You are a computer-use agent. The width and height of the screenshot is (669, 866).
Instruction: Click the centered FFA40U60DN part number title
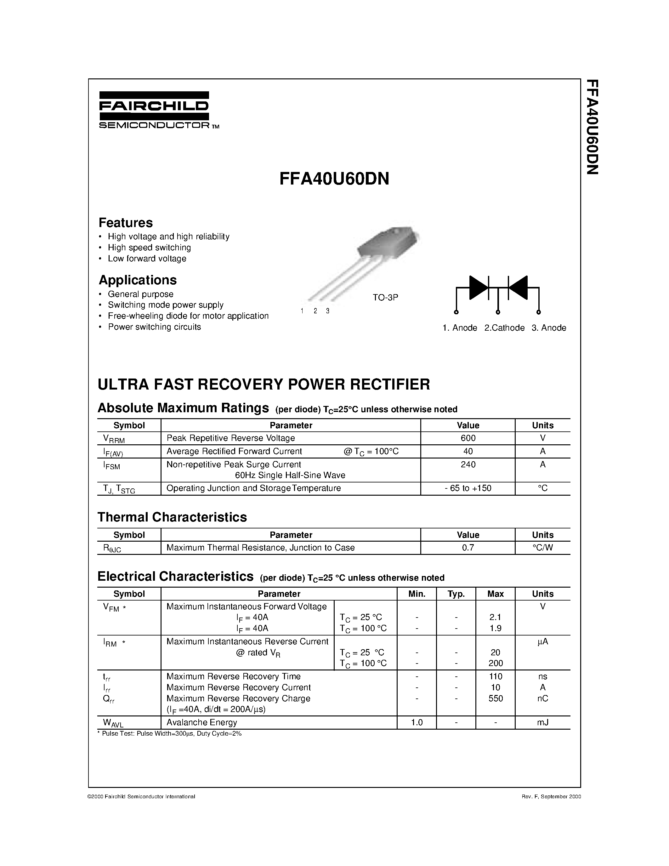click(x=334, y=179)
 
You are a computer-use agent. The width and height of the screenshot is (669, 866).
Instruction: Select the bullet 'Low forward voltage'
click(x=147, y=259)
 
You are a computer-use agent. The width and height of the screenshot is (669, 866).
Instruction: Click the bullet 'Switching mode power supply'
click(x=166, y=305)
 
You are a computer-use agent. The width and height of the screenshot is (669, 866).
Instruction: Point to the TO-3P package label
click(x=385, y=297)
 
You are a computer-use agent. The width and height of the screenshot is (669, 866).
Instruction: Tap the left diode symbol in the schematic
click(x=478, y=288)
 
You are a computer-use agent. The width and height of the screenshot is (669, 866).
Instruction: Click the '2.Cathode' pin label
click(x=504, y=328)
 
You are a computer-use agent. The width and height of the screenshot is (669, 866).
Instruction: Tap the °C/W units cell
click(x=542, y=548)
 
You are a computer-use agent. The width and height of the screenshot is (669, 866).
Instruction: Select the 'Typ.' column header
click(x=456, y=594)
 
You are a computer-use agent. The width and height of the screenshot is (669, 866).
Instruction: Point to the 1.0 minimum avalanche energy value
click(x=417, y=722)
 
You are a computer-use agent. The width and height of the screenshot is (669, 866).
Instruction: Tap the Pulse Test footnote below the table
click(x=170, y=733)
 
